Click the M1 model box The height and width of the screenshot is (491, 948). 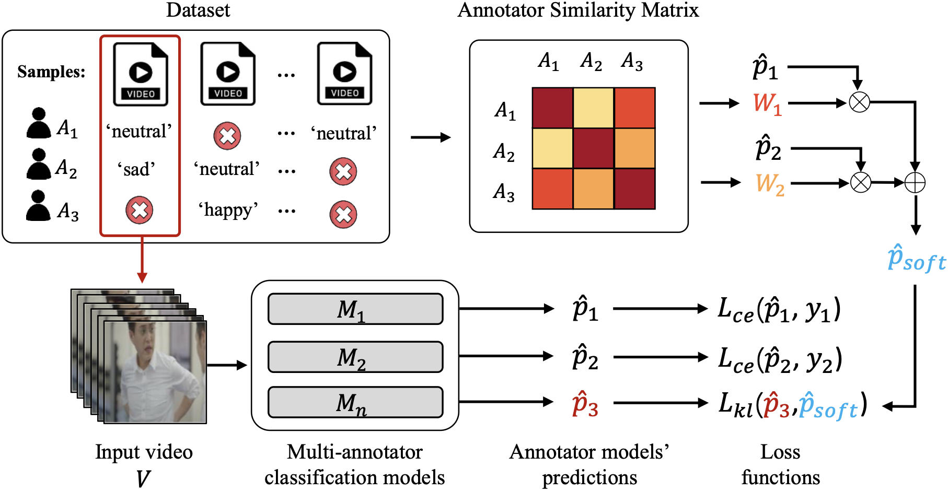pyautogui.click(x=355, y=309)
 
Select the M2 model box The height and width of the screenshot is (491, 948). pyautogui.click(x=355, y=357)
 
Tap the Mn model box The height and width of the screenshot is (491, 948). pyautogui.click(x=355, y=402)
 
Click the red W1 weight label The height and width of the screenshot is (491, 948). pyautogui.click(x=767, y=103)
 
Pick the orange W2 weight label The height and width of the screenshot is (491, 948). pyautogui.click(x=770, y=183)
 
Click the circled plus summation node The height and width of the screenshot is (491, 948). pyautogui.click(x=915, y=183)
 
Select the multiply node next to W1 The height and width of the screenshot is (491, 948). pyautogui.click(x=859, y=102)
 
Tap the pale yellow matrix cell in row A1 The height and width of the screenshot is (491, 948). pyautogui.click(x=593, y=108)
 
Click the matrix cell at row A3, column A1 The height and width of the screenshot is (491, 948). pyautogui.click(x=552, y=189)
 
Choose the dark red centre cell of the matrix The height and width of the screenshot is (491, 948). pyautogui.click(x=593, y=148)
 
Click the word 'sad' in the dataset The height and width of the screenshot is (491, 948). pyautogui.click(x=136, y=170)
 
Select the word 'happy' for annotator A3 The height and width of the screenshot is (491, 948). pyautogui.click(x=228, y=210)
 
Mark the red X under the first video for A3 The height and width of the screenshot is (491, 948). pyautogui.click(x=139, y=210)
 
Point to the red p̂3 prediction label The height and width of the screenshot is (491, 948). pyautogui.click(x=585, y=404)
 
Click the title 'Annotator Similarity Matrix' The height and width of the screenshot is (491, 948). pyautogui.click(x=578, y=10)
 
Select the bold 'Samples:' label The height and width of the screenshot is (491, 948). pyautogui.click(x=51, y=72)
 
